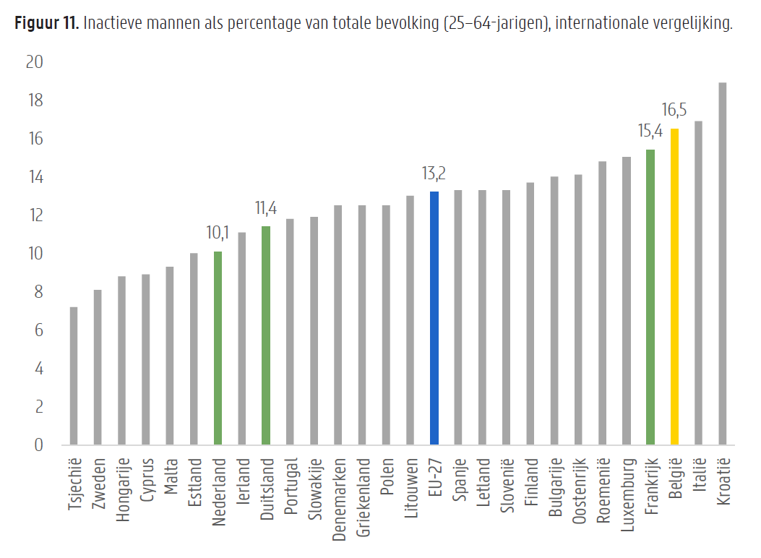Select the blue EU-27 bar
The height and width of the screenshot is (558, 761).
(x=434, y=318)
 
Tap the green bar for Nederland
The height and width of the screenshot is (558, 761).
(x=218, y=348)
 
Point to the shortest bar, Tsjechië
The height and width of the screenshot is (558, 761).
(x=74, y=376)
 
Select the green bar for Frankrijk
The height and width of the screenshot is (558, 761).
(x=650, y=297)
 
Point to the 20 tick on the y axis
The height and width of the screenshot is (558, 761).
(x=35, y=63)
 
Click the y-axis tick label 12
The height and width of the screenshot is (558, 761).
(x=35, y=215)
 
